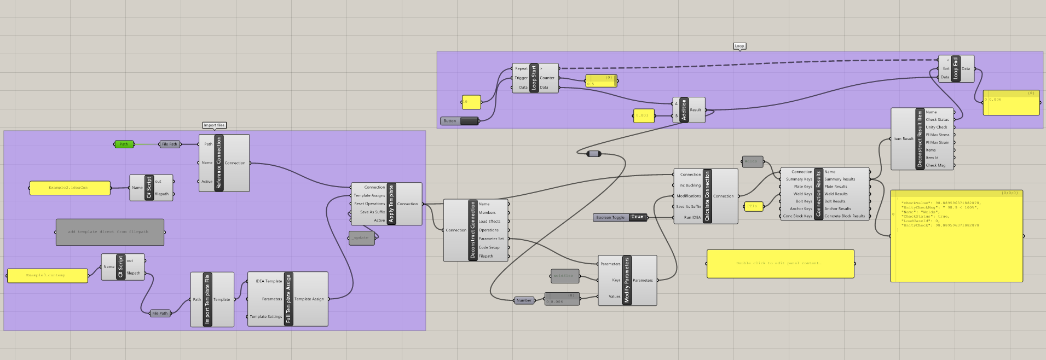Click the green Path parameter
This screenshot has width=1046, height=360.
(124, 144)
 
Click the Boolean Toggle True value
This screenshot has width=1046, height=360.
(637, 217)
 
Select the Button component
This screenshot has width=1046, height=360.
(459, 121)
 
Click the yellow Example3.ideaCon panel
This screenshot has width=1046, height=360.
(70, 188)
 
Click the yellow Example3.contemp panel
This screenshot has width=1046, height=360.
(47, 275)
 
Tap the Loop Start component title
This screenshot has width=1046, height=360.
(534, 78)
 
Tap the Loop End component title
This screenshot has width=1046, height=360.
(956, 68)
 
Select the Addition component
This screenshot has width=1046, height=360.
(683, 110)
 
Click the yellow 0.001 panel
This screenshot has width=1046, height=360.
(643, 115)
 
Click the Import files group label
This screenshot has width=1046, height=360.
(214, 125)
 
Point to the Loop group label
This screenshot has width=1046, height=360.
(739, 46)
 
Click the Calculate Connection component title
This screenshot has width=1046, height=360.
(707, 196)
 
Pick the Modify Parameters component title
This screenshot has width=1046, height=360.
(627, 280)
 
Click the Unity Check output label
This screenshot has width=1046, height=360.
(936, 127)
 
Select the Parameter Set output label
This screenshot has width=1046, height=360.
(491, 239)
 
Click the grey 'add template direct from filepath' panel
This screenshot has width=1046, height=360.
(109, 232)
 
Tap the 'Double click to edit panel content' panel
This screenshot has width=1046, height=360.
(780, 264)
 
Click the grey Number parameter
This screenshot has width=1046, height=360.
(524, 300)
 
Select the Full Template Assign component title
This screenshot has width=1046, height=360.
(288, 299)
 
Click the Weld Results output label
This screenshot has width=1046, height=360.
(836, 194)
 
